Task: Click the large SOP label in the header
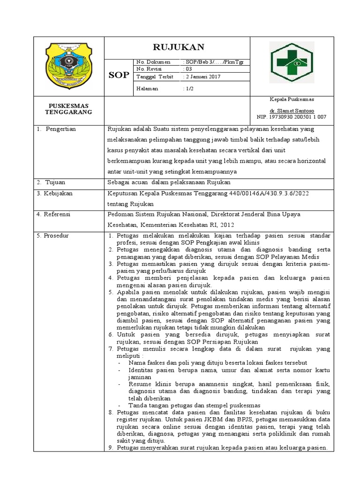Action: click(119, 75)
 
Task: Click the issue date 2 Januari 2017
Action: click(202, 76)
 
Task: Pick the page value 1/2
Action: click(189, 88)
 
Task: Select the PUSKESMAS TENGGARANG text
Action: click(68, 109)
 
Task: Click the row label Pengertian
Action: click(60, 129)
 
